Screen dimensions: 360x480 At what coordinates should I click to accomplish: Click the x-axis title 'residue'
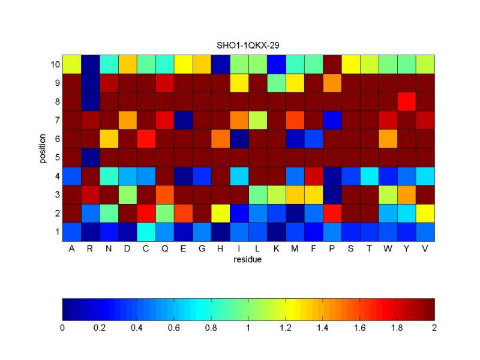pos(248,259)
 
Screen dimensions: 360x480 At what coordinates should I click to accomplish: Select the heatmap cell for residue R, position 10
pos(90,64)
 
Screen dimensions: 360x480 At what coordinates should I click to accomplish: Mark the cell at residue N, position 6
pos(109,138)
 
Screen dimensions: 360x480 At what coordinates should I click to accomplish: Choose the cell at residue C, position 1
pos(146,232)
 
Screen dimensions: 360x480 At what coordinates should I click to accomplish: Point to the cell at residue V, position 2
pos(425,213)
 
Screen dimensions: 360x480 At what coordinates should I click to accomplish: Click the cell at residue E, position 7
pos(183,119)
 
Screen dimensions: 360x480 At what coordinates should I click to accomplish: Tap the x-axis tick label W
pos(388,248)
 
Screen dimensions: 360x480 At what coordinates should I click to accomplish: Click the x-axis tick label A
pos(71,248)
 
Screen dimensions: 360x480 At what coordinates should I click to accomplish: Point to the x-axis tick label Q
pos(164,248)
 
